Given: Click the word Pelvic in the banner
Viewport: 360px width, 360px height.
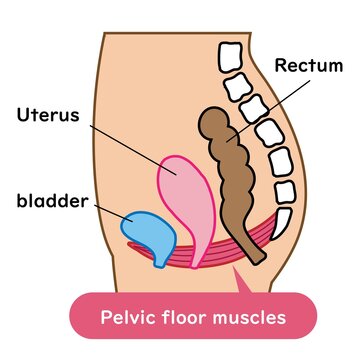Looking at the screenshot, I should coord(129,318).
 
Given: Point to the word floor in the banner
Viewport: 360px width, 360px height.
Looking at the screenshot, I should coord(190,318).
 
